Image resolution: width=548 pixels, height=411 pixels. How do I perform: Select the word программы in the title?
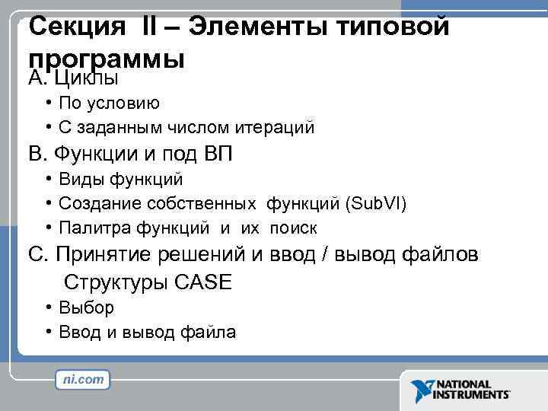pyautogui.click(x=107, y=57)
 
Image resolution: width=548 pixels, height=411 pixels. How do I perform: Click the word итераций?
pyautogui.click(x=277, y=128)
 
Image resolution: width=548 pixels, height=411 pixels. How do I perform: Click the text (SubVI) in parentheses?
pyautogui.click(x=376, y=204)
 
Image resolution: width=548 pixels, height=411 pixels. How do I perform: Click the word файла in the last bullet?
pyautogui.click(x=209, y=333)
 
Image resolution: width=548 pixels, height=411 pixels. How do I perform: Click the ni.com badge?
pyautogui.click(x=83, y=379)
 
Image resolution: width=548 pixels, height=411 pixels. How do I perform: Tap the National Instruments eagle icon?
pyautogui.click(x=420, y=390)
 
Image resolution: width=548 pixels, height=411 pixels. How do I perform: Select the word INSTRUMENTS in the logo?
pyautogui.click(x=472, y=395)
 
